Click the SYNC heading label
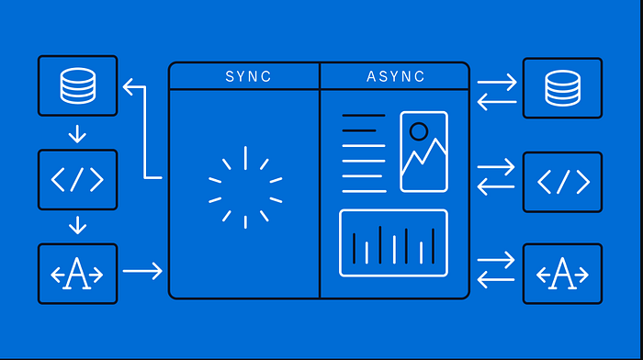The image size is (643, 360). coord(248,76)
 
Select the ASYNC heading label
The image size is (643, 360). coord(396,76)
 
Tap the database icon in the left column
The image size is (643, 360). coord(78,85)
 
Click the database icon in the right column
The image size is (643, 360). coord(562,88)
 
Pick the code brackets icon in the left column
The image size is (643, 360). coord(77,180)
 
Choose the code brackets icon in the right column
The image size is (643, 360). coord(563,182)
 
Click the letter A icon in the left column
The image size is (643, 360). coord(77,274)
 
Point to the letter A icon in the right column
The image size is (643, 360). coord(562,274)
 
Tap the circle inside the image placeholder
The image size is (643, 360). coord(419,131)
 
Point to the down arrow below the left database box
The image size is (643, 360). coord(77,134)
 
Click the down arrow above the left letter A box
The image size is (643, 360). coord(77,225)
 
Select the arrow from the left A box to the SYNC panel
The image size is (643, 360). coord(142,271)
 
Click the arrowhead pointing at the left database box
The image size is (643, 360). coord(128,87)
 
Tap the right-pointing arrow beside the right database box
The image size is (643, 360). coord(497,82)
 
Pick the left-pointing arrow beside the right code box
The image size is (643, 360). coord(496,186)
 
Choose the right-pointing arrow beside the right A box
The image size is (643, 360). coord(496,260)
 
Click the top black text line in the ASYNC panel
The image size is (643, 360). coord(364,116)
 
